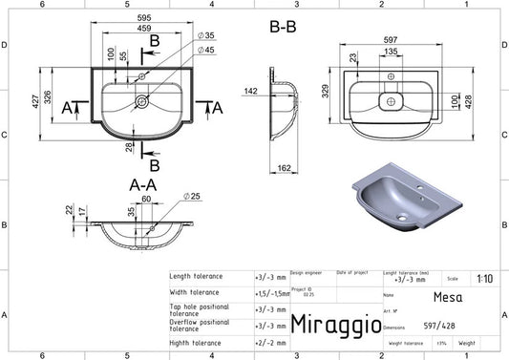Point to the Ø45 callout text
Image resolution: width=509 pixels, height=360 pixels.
pyautogui.click(x=206, y=50)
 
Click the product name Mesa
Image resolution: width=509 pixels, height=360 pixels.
pyautogui.click(x=443, y=297)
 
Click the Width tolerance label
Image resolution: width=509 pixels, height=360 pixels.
pyautogui.click(x=195, y=291)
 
